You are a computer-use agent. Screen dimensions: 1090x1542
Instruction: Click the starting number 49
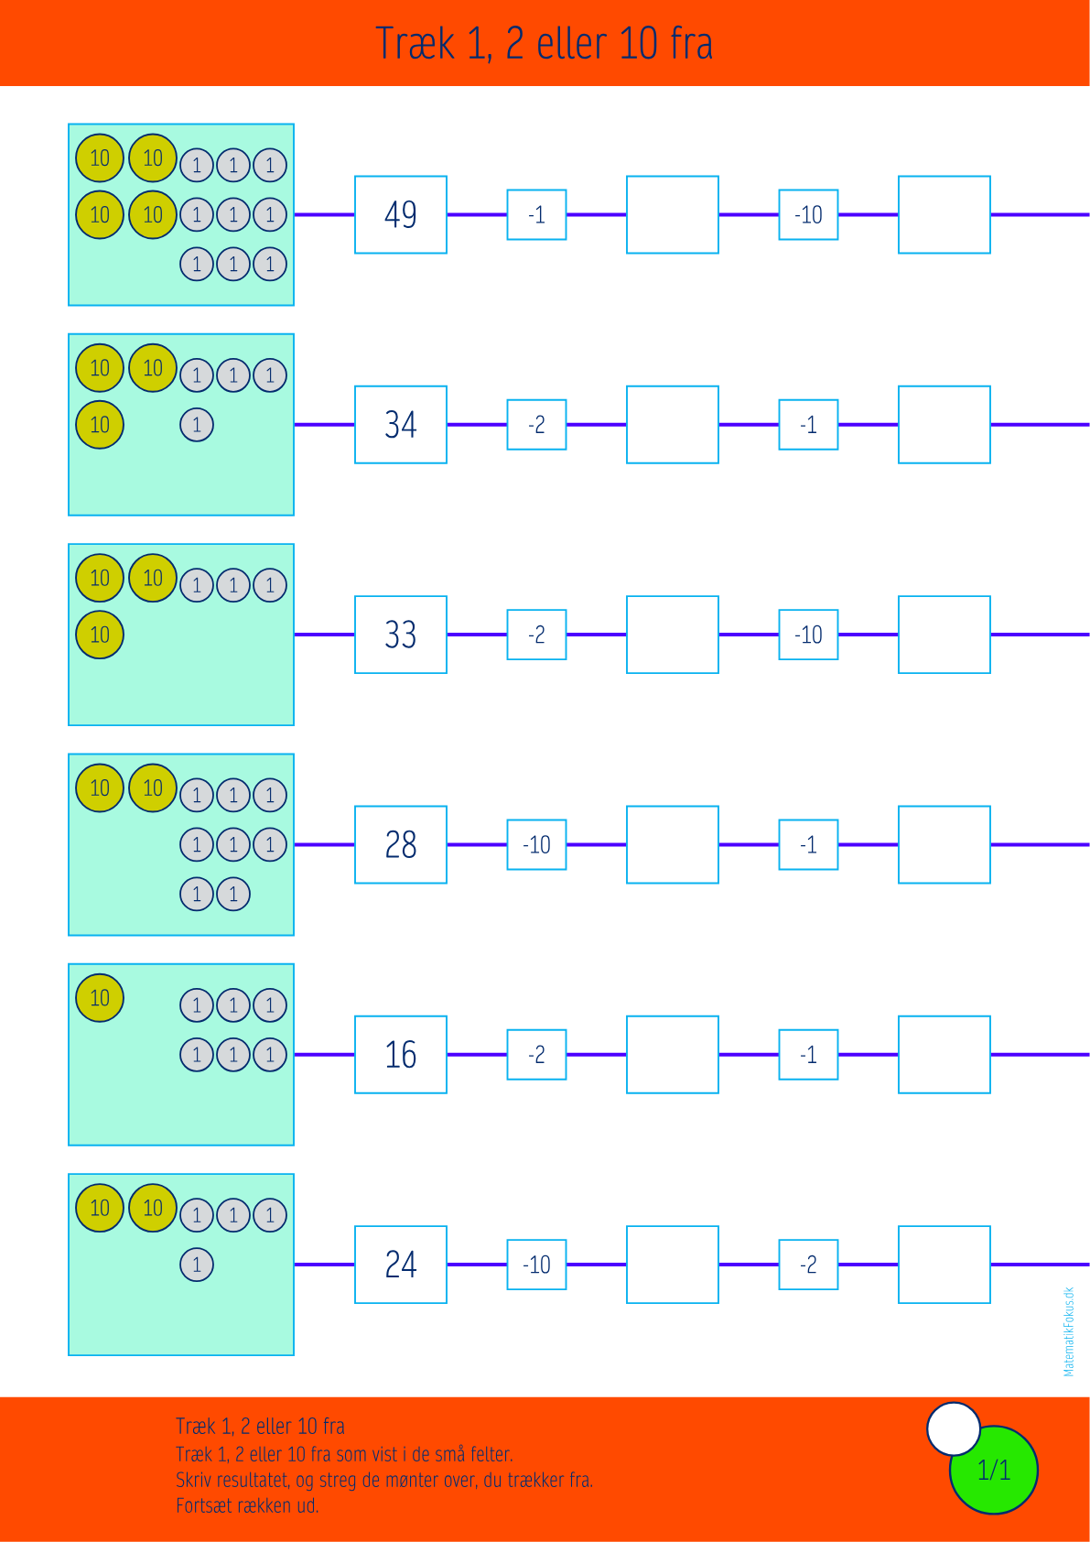401,215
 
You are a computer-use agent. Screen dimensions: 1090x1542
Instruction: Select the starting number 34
401,425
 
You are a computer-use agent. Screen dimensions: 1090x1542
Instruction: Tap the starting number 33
401,635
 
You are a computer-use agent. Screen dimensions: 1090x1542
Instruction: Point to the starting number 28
401,844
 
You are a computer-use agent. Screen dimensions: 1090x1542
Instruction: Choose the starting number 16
401,1055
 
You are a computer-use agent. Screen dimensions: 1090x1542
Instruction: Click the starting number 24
401,1265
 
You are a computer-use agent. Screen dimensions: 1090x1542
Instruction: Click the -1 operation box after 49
536,215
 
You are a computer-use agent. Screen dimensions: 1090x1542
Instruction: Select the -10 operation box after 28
536,844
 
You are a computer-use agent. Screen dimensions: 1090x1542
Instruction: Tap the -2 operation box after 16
536,1055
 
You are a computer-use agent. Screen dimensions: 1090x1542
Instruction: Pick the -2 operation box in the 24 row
808,1265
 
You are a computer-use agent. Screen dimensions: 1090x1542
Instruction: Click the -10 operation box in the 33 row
808,635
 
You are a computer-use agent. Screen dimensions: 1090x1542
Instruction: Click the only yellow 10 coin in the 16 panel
100,998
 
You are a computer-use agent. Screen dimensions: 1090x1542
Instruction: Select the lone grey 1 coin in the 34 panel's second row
197,425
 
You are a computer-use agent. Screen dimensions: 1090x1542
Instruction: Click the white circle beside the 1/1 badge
954,1429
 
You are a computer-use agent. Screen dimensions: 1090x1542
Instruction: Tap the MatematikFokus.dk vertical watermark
1069,1331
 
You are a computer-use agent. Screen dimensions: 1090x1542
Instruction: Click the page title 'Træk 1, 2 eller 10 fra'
545,43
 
